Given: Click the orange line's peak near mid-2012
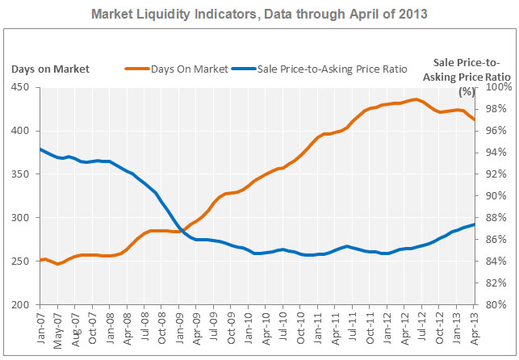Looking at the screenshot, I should [415, 99].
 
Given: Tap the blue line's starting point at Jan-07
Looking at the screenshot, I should [40, 149].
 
